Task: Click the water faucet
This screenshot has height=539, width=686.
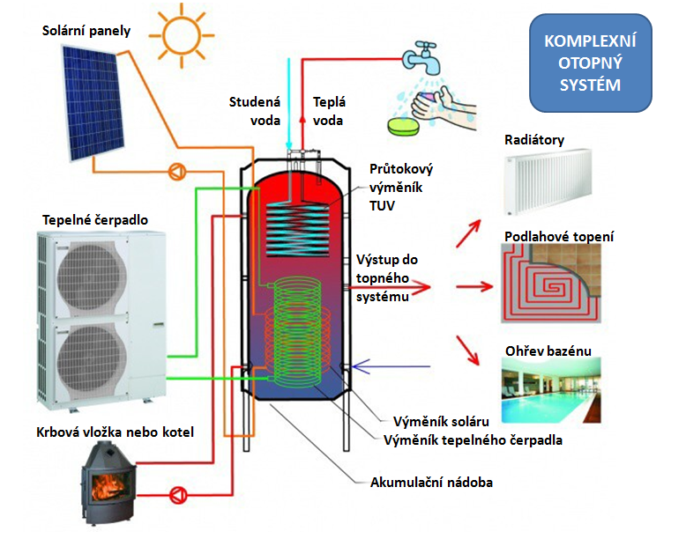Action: click(x=421, y=55)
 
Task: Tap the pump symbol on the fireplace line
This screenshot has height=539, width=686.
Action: click(x=178, y=491)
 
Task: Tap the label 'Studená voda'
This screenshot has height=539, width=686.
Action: click(x=255, y=110)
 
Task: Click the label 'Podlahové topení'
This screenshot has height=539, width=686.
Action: click(x=559, y=237)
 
